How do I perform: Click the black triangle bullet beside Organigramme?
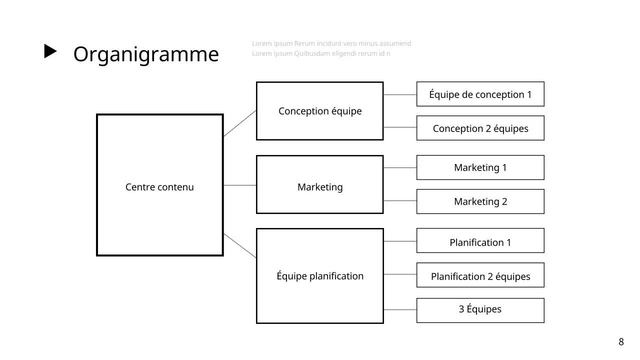(x=50, y=51)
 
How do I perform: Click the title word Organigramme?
(x=146, y=54)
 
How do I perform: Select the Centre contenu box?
(x=159, y=185)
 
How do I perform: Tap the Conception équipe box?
(x=320, y=111)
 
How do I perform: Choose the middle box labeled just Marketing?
(x=320, y=184)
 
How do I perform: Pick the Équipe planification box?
(x=320, y=276)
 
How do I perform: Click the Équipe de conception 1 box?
(x=480, y=94)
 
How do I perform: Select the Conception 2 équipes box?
(x=480, y=128)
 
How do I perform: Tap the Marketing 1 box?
(x=480, y=167)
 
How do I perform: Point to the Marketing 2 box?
(x=480, y=201)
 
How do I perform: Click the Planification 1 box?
(x=480, y=241)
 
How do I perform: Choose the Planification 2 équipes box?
(x=480, y=275)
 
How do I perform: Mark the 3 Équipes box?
(x=480, y=310)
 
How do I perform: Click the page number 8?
(x=621, y=342)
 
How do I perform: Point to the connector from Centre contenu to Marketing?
(x=240, y=185)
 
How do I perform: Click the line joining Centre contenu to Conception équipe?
(x=240, y=123)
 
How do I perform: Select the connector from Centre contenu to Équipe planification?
(x=240, y=245)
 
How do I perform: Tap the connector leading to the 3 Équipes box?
(x=400, y=310)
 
